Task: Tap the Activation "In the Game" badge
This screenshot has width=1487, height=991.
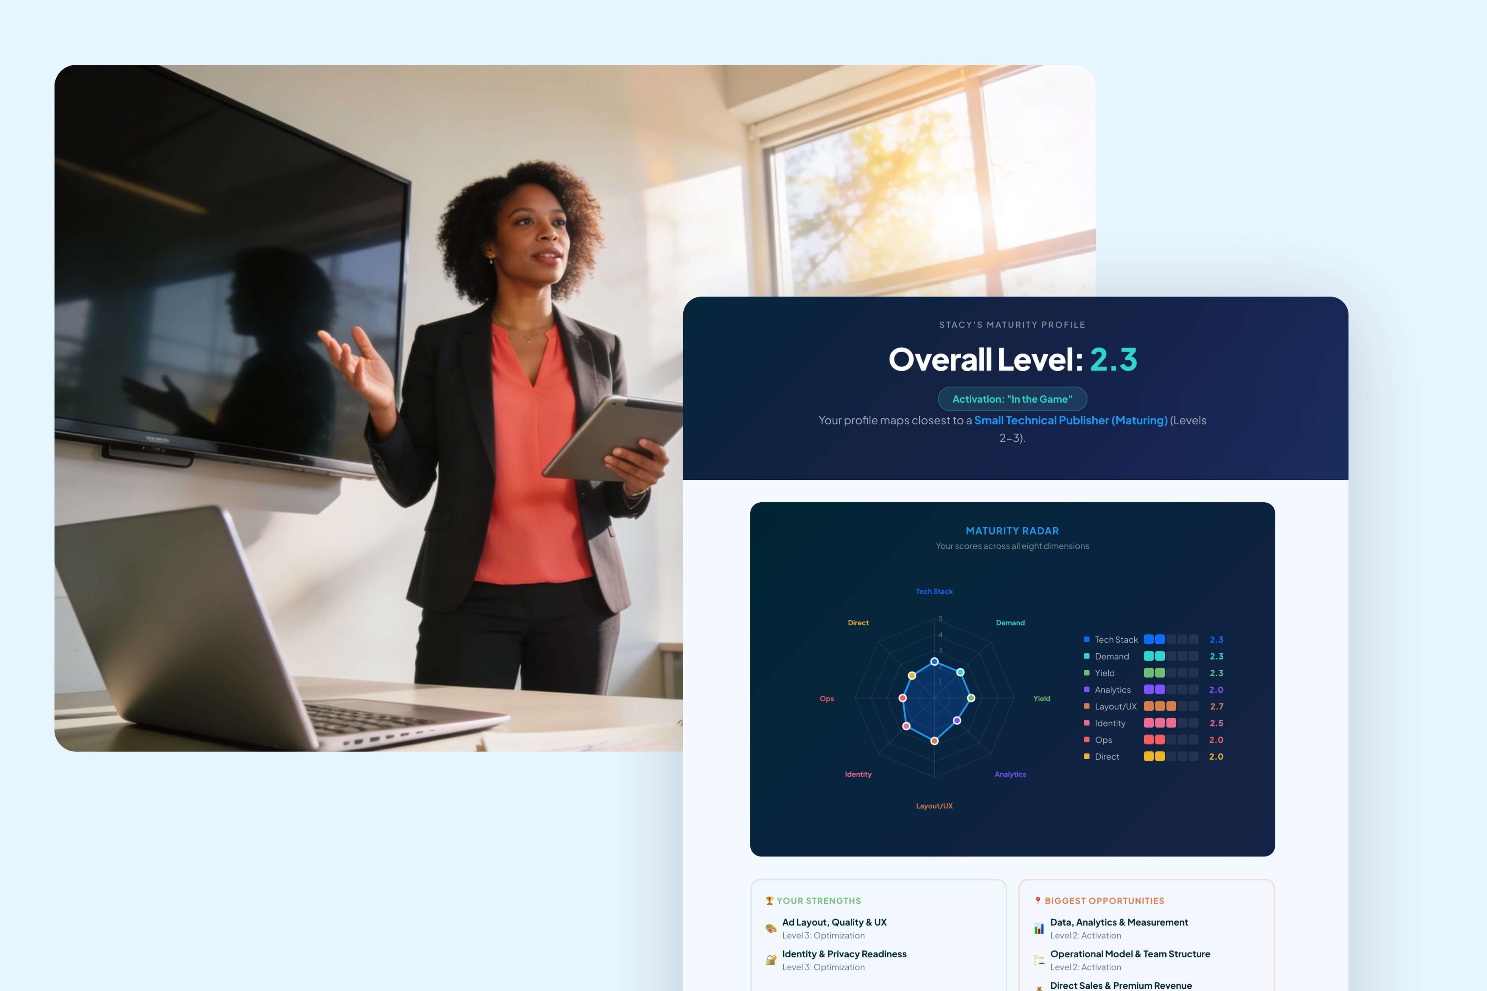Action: pyautogui.click(x=1012, y=399)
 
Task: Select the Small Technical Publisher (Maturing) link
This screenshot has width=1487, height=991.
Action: pyautogui.click(x=1070, y=420)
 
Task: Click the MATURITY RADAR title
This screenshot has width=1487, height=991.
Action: pyautogui.click(x=1012, y=531)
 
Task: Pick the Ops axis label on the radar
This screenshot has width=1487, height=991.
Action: pyautogui.click(x=827, y=698)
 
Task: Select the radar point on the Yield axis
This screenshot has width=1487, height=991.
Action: pyautogui.click(x=971, y=698)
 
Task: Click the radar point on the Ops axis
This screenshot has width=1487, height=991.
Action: pyautogui.click(x=903, y=698)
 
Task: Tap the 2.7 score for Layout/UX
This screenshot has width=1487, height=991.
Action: pyautogui.click(x=1217, y=707)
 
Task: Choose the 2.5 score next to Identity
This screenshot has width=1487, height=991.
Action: pyautogui.click(x=1217, y=723)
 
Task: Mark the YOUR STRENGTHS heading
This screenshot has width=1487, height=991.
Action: pyautogui.click(x=819, y=900)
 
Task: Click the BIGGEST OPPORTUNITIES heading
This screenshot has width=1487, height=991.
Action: pyautogui.click(x=1104, y=900)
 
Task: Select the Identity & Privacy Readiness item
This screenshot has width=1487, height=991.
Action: pyautogui.click(x=844, y=954)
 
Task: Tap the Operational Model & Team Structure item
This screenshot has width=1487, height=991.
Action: pyautogui.click(x=1130, y=954)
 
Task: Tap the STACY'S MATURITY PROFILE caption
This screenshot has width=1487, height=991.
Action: pyautogui.click(x=1012, y=325)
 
